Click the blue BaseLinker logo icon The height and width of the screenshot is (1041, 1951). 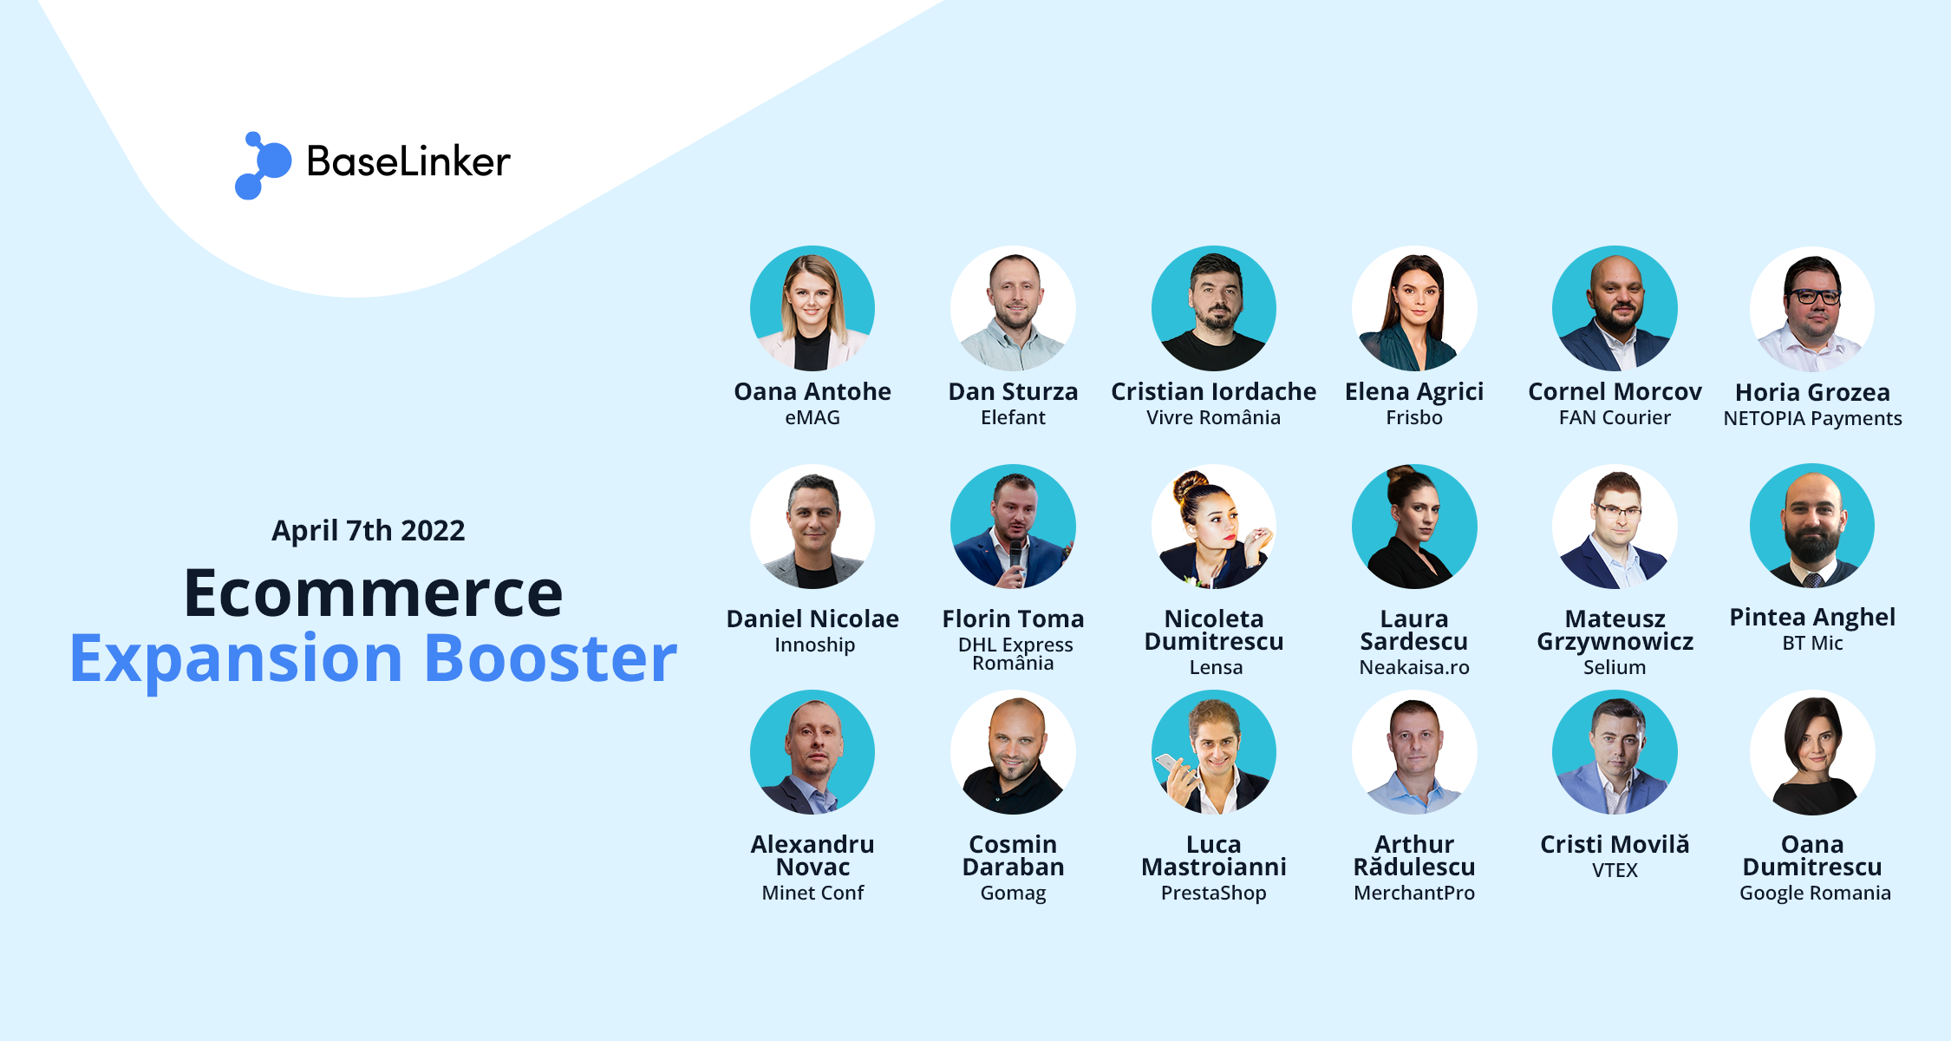(x=263, y=166)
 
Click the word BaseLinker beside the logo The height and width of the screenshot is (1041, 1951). (x=408, y=161)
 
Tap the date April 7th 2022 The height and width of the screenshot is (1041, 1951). (x=369, y=530)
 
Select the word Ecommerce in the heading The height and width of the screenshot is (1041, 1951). (x=374, y=593)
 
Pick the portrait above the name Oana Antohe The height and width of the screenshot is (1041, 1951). (x=812, y=309)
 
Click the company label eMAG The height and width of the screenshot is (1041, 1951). (x=812, y=417)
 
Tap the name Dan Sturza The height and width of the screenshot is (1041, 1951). (x=1013, y=391)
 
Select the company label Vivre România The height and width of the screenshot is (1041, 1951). (x=1213, y=417)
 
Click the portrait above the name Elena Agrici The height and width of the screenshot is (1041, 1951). (x=1414, y=309)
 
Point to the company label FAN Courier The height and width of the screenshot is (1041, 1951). (x=1615, y=417)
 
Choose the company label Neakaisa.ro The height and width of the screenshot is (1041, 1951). (x=1414, y=667)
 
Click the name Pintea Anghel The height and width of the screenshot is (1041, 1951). (x=1812, y=617)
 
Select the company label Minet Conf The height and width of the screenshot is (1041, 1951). (x=812, y=893)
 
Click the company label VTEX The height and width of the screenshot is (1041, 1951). (x=1615, y=870)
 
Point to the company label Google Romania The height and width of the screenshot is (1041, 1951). (x=1815, y=893)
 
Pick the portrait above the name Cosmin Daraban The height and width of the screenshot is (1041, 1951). (x=1013, y=752)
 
